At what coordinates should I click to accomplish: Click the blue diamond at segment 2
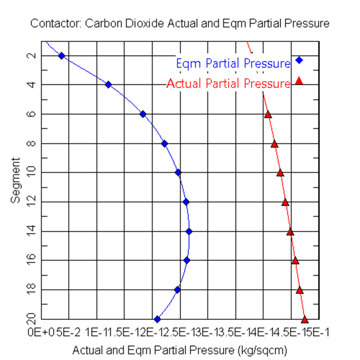[61, 56]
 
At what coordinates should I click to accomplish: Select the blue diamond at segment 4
[108, 84]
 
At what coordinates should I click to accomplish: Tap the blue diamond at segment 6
[143, 114]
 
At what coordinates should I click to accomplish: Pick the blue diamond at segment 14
[189, 231]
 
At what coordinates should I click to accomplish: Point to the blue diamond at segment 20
[157, 319]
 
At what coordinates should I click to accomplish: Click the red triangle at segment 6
[268, 115]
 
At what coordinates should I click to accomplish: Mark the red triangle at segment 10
[280, 173]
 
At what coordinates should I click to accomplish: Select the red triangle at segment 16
[295, 260]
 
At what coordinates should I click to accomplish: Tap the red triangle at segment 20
[305, 319]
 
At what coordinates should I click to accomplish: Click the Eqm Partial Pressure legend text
[233, 63]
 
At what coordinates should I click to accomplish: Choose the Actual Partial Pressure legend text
[228, 84]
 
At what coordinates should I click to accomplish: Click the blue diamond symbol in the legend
[299, 60]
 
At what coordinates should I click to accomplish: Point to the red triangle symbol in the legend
[299, 81]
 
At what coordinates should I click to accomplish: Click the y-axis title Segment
[16, 180]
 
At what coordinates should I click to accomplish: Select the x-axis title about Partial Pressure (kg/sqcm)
[180, 350]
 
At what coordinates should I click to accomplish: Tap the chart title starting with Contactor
[180, 24]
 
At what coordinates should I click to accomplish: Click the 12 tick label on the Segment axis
[31, 202]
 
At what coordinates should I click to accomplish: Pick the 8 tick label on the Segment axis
[31, 143]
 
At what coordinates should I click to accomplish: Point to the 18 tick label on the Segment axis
[31, 289]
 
